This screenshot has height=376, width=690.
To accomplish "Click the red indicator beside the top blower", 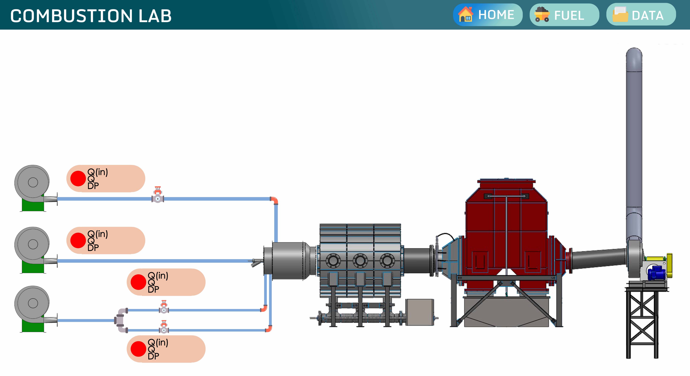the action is tap(78, 179).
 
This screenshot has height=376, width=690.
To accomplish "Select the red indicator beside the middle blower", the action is tap(78, 240).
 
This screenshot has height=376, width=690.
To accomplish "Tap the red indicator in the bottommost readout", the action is tap(138, 349).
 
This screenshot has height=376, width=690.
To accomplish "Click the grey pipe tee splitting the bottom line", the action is tap(121, 320).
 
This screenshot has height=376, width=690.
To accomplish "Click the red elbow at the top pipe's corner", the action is tap(274, 200).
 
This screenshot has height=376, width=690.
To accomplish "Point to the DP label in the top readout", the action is tap(93, 186).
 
